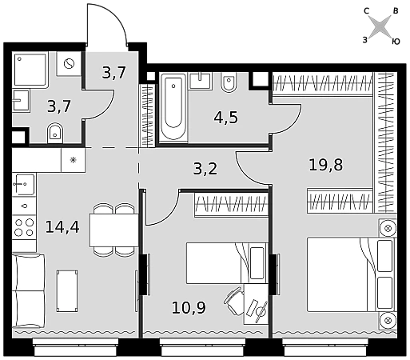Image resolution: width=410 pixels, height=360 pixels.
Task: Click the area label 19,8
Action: (326, 165)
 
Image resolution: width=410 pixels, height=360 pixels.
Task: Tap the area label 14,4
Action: (62, 227)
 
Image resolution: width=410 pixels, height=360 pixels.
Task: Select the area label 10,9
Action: (189, 307)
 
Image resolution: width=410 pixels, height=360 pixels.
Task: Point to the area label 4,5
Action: (225, 118)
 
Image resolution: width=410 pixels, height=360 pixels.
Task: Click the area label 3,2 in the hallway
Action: (205, 169)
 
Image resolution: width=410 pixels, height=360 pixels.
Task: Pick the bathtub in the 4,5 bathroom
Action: (173, 107)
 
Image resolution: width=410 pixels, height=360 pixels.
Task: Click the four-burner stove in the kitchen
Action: (24, 227)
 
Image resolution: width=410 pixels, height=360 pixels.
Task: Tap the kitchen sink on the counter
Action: (24, 184)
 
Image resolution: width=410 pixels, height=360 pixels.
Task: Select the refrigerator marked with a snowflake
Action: (74, 160)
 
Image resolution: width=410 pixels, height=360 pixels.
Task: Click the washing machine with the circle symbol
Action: (69, 64)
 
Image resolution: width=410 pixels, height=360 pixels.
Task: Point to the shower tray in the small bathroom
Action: (30, 70)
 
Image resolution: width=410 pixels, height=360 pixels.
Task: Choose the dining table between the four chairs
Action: (113, 230)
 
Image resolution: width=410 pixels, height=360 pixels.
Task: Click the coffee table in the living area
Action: (67, 291)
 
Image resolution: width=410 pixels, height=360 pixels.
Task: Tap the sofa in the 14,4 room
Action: (28, 290)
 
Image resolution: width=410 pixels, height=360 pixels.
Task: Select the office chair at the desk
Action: (234, 300)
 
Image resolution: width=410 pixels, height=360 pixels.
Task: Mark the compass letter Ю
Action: (396, 42)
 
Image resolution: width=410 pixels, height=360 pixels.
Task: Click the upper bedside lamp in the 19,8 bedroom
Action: (388, 228)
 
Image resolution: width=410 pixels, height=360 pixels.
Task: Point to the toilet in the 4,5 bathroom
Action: (229, 82)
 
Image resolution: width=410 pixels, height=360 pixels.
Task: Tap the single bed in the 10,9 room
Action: (227, 263)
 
